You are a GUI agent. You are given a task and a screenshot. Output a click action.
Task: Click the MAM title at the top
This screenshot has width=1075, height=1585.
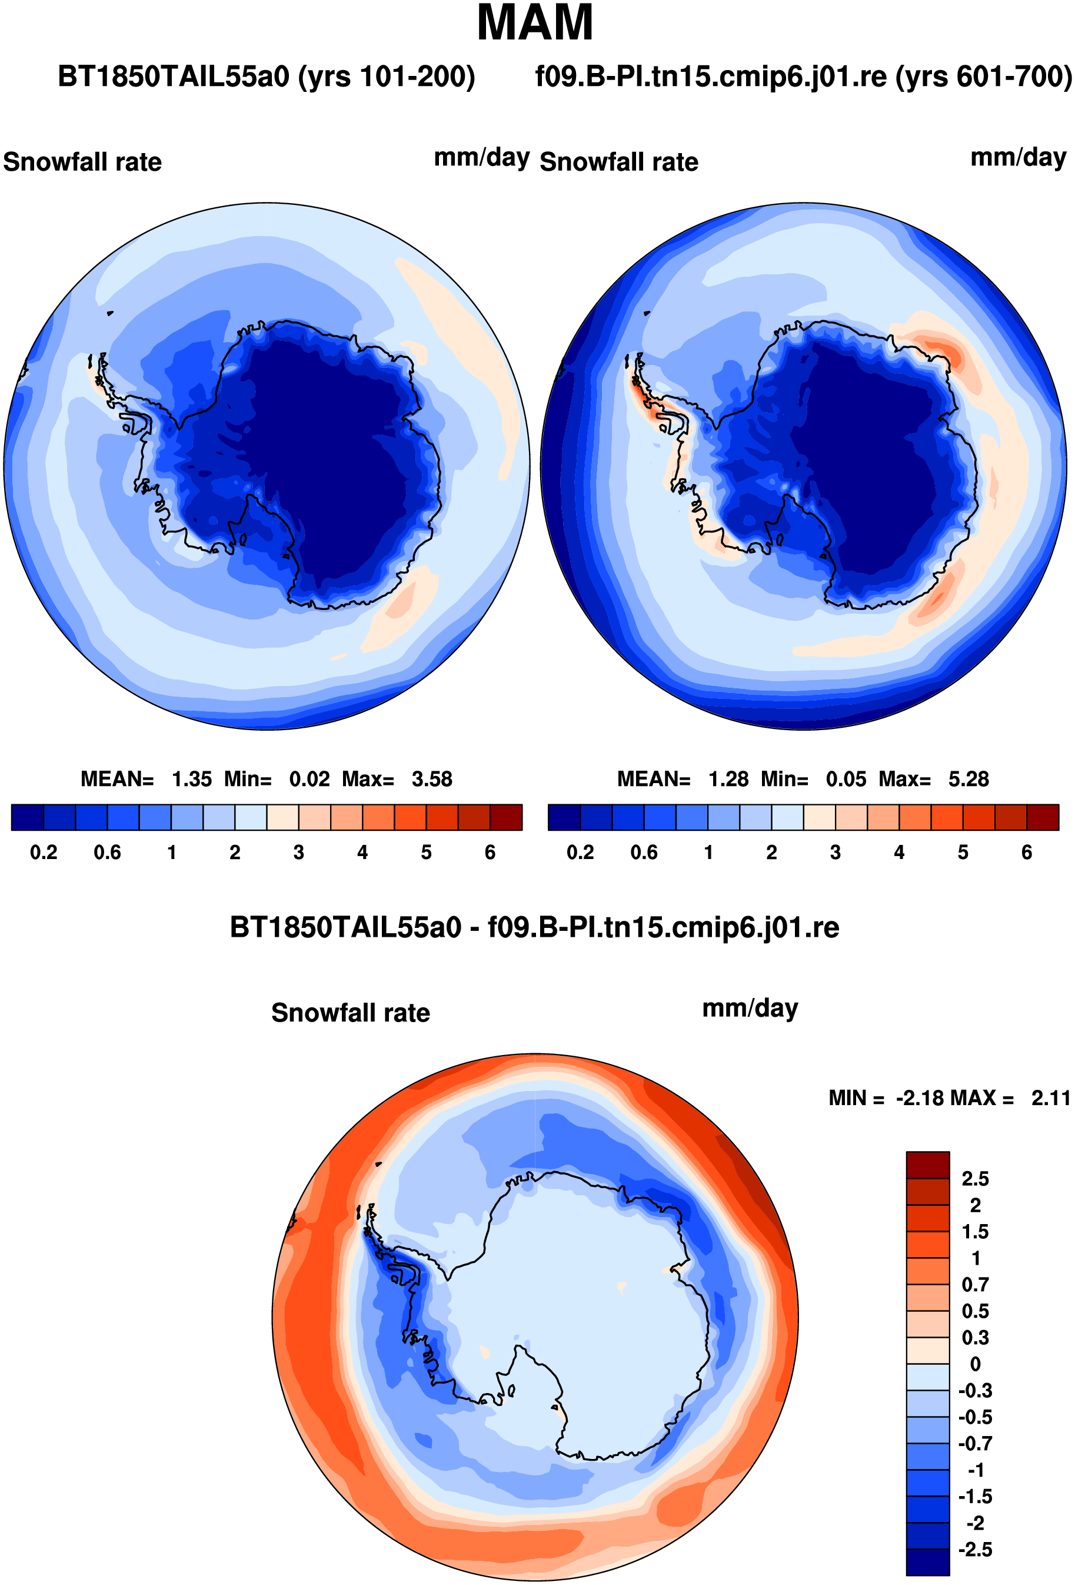[x=535, y=22]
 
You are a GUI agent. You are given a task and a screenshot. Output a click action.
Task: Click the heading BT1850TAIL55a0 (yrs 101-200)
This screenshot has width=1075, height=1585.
[x=267, y=77]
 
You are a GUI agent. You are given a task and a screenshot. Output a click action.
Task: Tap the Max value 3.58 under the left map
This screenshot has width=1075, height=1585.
[x=431, y=779]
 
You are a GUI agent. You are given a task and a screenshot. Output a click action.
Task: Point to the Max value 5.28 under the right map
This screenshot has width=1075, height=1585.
[x=968, y=779]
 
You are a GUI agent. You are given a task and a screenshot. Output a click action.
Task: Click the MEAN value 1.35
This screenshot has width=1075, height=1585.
[x=192, y=779]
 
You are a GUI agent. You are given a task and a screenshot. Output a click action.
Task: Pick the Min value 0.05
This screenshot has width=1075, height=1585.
[x=846, y=779]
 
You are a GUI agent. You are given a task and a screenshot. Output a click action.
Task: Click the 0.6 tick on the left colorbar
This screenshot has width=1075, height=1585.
[x=107, y=853]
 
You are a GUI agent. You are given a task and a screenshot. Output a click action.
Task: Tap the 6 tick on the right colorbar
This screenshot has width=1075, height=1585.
[x=1027, y=853]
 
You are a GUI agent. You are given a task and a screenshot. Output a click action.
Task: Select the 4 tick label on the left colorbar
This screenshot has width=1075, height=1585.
[x=362, y=853]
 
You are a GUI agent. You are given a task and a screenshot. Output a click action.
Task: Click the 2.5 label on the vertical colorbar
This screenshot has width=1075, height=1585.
[x=975, y=1179]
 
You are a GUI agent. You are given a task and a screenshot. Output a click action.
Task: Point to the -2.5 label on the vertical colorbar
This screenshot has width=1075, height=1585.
[x=975, y=1550]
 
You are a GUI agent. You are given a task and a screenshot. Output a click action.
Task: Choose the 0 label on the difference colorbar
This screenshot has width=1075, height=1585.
[x=976, y=1364]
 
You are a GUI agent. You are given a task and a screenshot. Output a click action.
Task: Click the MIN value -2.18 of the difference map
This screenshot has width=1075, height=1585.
[x=920, y=1098]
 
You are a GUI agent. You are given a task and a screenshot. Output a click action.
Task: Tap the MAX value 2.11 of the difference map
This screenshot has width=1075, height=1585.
[x=1050, y=1098]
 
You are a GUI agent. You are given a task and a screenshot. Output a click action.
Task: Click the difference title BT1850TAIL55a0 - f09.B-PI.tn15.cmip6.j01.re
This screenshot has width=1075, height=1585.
[x=534, y=927]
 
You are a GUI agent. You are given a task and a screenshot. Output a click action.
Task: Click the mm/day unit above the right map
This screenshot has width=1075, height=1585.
[x=1019, y=158]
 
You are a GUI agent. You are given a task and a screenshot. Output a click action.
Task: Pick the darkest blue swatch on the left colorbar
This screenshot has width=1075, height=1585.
[x=28, y=818]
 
